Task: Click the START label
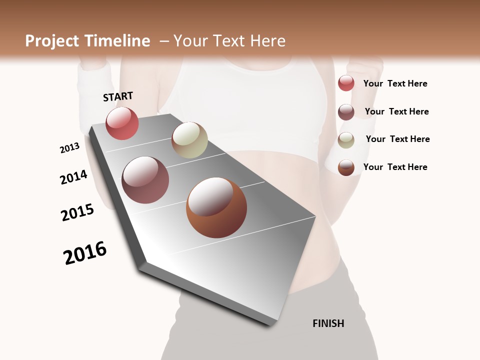coord(118,96)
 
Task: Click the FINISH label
coord(328,323)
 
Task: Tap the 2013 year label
coord(69,148)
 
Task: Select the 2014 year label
coord(73,177)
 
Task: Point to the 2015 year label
coord(77,212)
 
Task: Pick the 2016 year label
coord(85,253)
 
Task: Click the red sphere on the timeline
coord(122,123)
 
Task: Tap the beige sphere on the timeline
coord(189,140)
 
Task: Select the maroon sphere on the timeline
coord(145,180)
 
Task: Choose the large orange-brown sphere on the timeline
coord(216,207)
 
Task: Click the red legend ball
coord(346,83)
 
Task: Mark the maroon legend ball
coord(346,112)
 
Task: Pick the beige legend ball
coord(346,140)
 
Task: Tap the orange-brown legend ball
coord(346,167)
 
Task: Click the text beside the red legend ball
coord(395,83)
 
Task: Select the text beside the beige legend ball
coord(397,139)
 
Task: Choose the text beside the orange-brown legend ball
coord(395,167)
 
